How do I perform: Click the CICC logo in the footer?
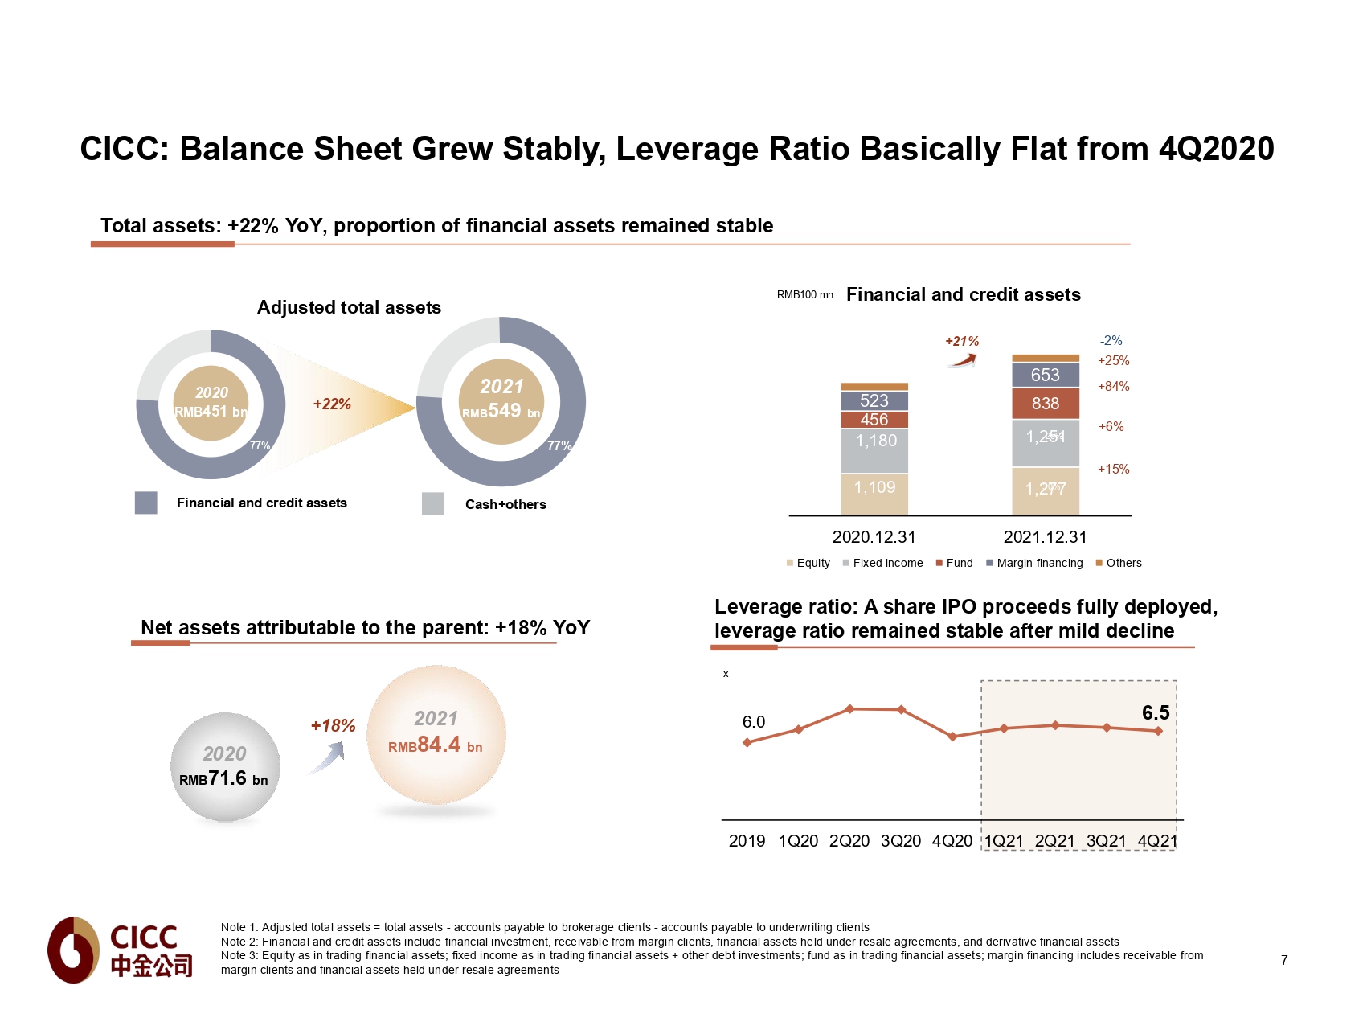121,950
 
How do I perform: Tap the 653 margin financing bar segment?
1045,375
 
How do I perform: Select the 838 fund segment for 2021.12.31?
1045,404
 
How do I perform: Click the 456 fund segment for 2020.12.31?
874,420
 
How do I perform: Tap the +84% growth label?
1113,387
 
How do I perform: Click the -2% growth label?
1111,341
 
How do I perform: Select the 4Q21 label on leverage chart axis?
1157,841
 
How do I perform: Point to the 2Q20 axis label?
849,841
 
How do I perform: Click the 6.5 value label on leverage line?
1156,713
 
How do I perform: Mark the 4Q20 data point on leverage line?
952,737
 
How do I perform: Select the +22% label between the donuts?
332,404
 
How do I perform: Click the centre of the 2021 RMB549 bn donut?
501,401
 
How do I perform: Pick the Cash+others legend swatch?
433,503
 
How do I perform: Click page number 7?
1284,960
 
